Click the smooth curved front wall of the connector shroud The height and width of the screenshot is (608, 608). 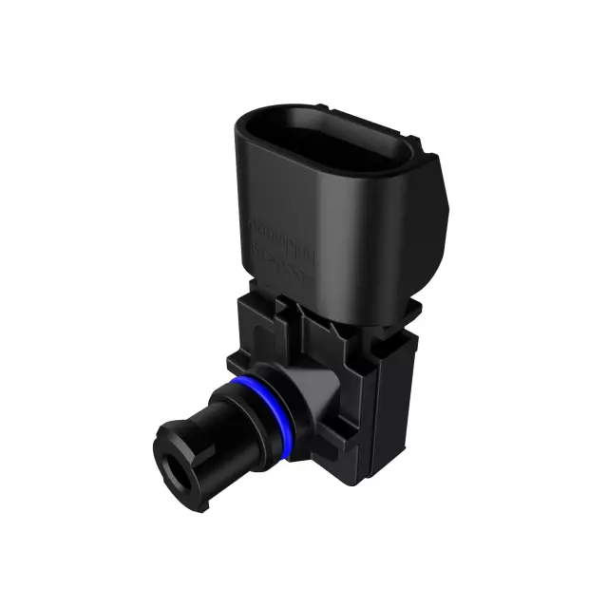[x=313, y=237]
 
